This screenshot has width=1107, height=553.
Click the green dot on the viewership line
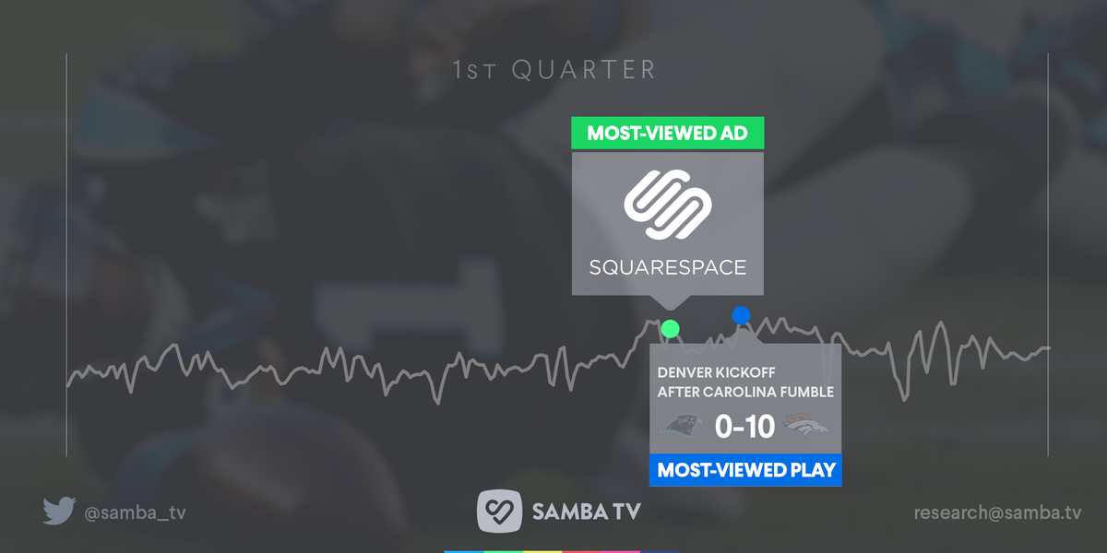point(671,328)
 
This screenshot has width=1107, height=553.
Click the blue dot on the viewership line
point(741,315)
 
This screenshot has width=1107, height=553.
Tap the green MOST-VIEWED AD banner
point(668,133)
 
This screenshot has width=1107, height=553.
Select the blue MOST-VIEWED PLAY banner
point(745,470)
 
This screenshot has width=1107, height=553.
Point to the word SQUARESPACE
point(668,268)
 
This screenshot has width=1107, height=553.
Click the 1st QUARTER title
point(554,70)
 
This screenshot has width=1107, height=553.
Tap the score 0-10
point(744,427)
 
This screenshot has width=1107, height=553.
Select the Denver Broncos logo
point(806,427)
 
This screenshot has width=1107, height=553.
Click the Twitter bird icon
point(57,512)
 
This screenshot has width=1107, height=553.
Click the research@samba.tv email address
point(997,512)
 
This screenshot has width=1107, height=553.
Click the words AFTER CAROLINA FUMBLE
point(744,392)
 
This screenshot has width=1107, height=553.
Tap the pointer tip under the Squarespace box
point(668,308)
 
